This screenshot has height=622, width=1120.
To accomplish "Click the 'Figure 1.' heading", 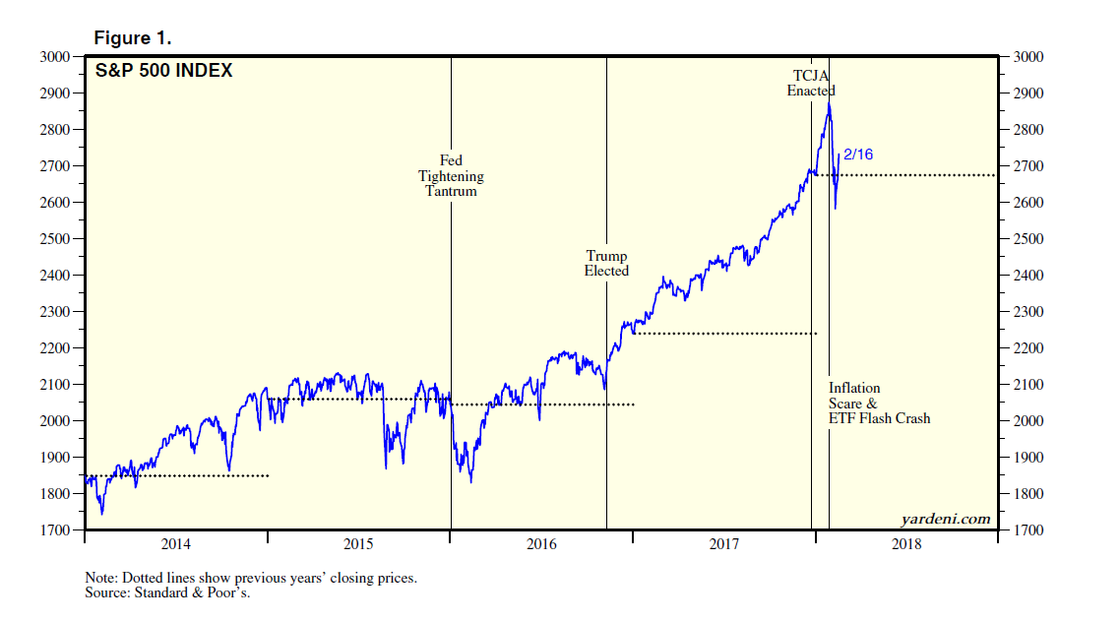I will point(132,38).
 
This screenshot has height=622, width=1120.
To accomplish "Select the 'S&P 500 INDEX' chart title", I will point(163,71).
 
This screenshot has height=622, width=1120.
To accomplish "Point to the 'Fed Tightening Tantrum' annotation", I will point(451,175).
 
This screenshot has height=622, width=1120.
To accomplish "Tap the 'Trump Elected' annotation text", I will point(606,263).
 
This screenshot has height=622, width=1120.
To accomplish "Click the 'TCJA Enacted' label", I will point(811,83).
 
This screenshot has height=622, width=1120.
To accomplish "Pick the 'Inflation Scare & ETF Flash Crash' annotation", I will point(879,403).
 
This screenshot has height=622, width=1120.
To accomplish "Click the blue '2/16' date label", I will point(859,155).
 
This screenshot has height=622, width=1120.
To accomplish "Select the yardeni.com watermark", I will point(945,519).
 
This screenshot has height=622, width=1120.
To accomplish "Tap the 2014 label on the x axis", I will point(175,544).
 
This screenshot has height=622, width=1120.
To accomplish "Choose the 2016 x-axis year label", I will point(541,544).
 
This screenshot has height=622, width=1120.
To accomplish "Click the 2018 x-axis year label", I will point(906,544).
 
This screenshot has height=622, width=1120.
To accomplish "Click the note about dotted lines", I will point(251,578).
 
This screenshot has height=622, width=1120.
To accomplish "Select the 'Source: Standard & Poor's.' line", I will point(167,592).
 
